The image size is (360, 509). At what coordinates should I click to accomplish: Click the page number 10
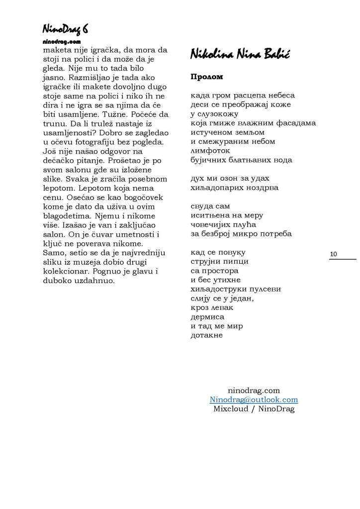[333, 254]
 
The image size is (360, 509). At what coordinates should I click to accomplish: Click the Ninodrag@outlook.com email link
[254, 400]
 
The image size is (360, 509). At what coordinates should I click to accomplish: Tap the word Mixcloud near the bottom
[230, 409]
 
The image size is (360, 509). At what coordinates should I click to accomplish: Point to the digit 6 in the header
[85, 30]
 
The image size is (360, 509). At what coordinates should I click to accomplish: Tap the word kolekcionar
[59, 271]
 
